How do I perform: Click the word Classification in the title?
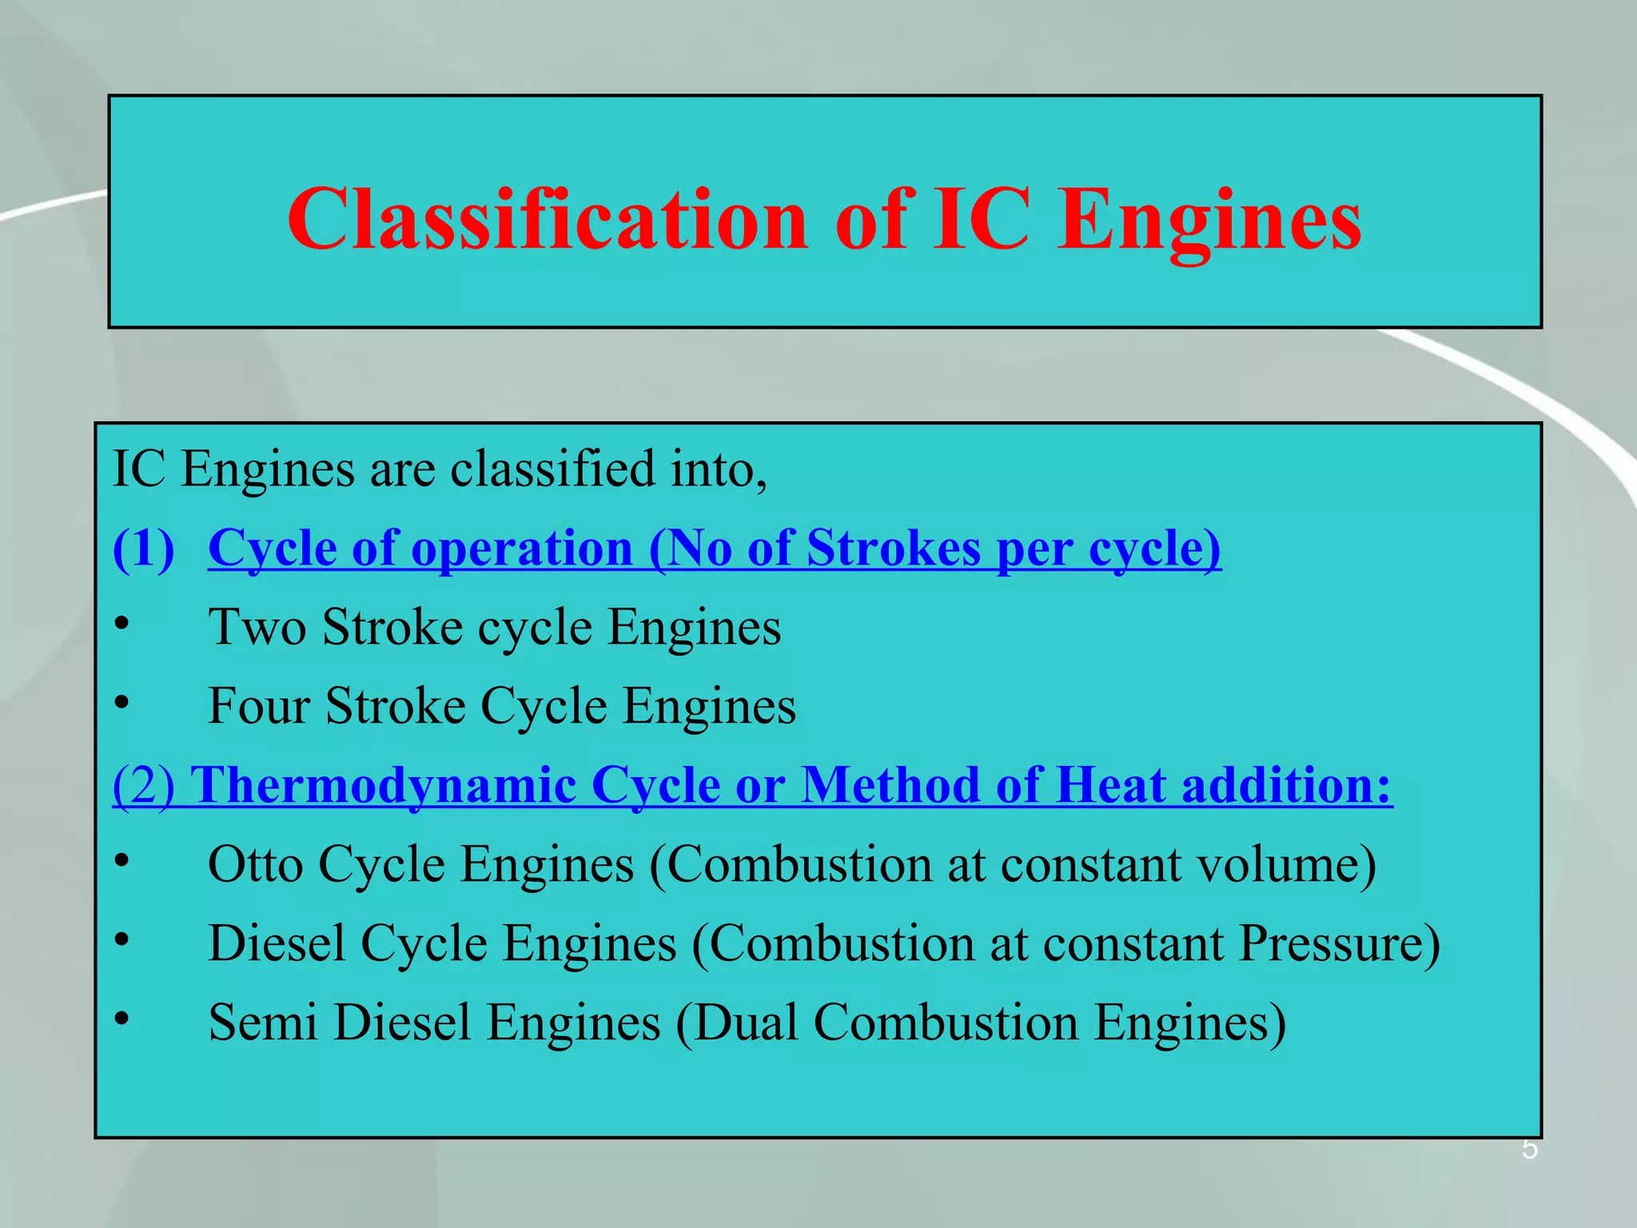pyautogui.click(x=547, y=219)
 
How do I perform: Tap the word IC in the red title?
pyautogui.click(x=981, y=219)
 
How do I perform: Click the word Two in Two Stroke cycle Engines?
pyautogui.click(x=257, y=627)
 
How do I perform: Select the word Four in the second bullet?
pyautogui.click(x=259, y=706)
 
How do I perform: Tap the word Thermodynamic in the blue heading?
pyautogui.click(x=383, y=785)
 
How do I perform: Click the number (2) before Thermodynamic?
pyautogui.click(x=144, y=785)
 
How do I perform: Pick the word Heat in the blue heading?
pyautogui.click(x=1110, y=785)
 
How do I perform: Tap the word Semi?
pyautogui.click(x=263, y=1023)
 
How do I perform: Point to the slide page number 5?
pyautogui.click(x=1529, y=1150)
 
